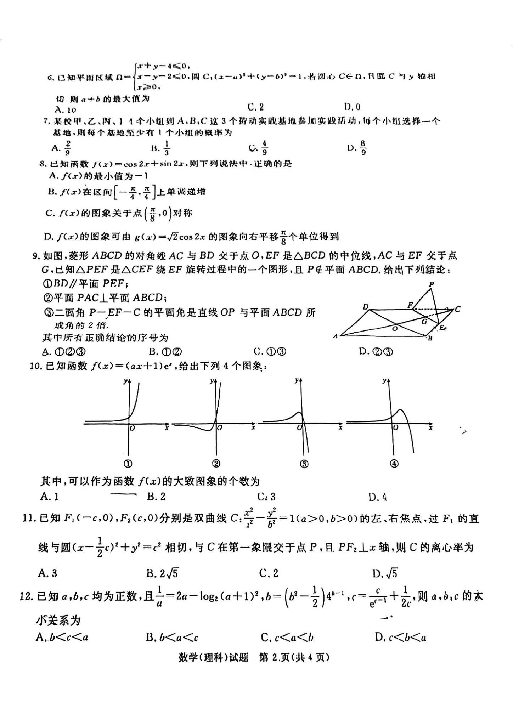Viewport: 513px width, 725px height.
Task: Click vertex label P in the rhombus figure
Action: (431, 284)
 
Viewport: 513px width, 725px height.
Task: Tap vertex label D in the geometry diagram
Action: (366, 307)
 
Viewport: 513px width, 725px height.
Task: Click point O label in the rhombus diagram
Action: (395, 328)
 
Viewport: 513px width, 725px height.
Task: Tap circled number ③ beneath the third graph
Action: (304, 464)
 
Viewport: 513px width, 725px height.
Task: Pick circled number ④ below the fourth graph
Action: (394, 464)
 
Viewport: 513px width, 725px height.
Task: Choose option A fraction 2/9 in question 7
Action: (62, 148)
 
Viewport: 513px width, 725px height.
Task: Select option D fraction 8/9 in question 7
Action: (357, 148)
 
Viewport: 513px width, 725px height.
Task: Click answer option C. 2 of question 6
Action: (256, 107)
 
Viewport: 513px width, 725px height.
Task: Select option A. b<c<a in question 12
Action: (62, 638)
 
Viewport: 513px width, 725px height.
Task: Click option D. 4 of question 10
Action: (378, 497)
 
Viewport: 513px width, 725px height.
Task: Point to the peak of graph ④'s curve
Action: (400, 410)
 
